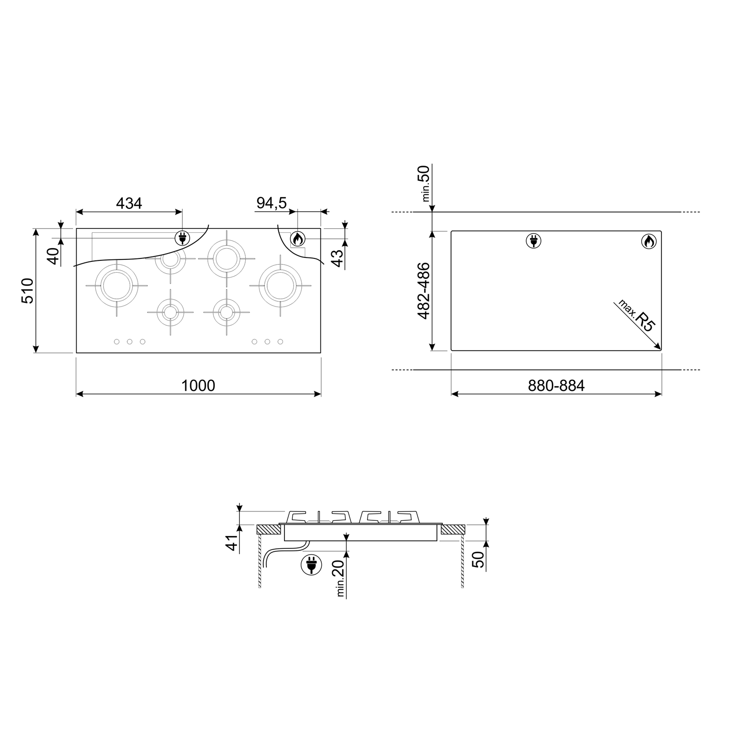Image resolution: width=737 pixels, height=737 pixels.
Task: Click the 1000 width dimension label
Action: click(198, 385)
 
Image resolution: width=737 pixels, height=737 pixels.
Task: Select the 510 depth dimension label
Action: click(28, 290)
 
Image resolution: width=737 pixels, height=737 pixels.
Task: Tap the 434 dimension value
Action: click(129, 203)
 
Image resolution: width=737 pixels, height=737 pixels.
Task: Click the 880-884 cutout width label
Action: click(556, 385)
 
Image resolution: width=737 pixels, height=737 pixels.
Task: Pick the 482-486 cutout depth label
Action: click(423, 291)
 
